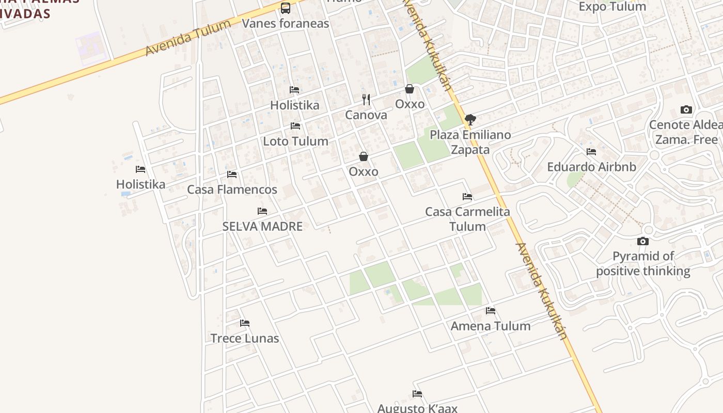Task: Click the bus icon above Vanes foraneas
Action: coord(286,8)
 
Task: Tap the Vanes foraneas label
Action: coord(285,24)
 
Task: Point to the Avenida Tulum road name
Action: coord(188,38)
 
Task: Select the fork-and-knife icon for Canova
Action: coord(366,100)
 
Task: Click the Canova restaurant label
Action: coord(366,115)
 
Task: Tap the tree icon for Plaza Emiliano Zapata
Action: coord(470,120)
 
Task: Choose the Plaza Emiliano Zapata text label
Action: coord(470,142)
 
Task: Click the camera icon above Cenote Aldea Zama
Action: coord(686,109)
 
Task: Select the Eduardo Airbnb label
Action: coord(591,167)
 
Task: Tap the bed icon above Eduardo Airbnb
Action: coord(591,152)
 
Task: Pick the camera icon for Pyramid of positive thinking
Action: coord(643,241)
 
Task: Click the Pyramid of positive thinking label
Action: coord(643,263)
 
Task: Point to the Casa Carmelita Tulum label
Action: coord(467,219)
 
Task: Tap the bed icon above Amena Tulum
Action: coord(491,311)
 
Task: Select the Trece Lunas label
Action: coord(245,339)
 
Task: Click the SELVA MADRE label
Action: coord(262,226)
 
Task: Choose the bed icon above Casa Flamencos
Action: coord(232,174)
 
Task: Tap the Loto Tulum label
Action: coord(295,141)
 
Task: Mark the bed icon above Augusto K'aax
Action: coord(417,394)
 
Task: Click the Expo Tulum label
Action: coord(612,7)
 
